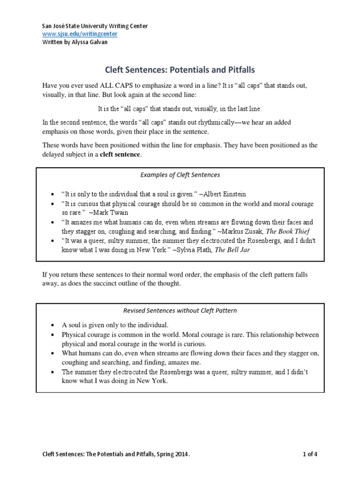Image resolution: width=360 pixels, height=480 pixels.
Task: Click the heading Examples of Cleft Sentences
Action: pyautogui.click(x=180, y=175)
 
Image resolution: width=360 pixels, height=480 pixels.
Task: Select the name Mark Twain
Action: pyautogui.click(x=113, y=212)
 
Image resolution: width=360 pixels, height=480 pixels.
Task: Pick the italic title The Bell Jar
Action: pyautogui.click(x=239, y=249)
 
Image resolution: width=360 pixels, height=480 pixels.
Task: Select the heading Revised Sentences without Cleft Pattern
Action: pyautogui.click(x=180, y=310)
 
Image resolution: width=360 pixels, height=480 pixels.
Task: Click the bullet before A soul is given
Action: pyautogui.click(x=51, y=325)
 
